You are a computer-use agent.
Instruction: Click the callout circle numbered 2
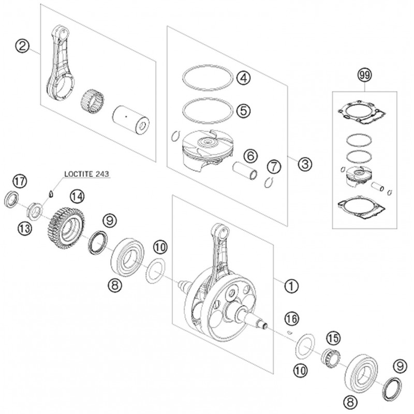pos(21,47)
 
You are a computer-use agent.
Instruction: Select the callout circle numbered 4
pos(243,79)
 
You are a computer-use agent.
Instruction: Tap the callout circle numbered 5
pos(243,110)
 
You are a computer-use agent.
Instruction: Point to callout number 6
pos(249,154)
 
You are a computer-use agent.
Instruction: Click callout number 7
pos(273,167)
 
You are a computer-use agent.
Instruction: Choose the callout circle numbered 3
pos(305,164)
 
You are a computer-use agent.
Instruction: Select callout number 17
pos(19,182)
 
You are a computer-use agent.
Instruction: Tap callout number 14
pos(76,196)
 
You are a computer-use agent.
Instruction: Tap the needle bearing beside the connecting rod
pos(92,99)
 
